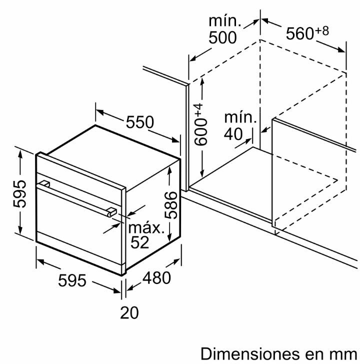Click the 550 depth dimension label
coord(139,122)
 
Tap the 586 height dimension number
coord(170,205)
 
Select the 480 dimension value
coord(156,277)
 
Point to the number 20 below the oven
coord(129,312)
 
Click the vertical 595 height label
coord(19,193)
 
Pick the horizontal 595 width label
coord(72,280)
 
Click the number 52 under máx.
coord(139,242)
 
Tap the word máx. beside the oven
coord(146,228)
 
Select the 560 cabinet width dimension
coord(299,33)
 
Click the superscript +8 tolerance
coord(321,30)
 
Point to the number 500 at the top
coord(222,37)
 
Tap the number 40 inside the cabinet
coord(233,133)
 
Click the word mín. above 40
coord(240,117)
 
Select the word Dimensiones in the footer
coord(250,354)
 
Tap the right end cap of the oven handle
coord(112,212)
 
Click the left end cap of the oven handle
coord(44,184)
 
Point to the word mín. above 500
coord(224,20)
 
